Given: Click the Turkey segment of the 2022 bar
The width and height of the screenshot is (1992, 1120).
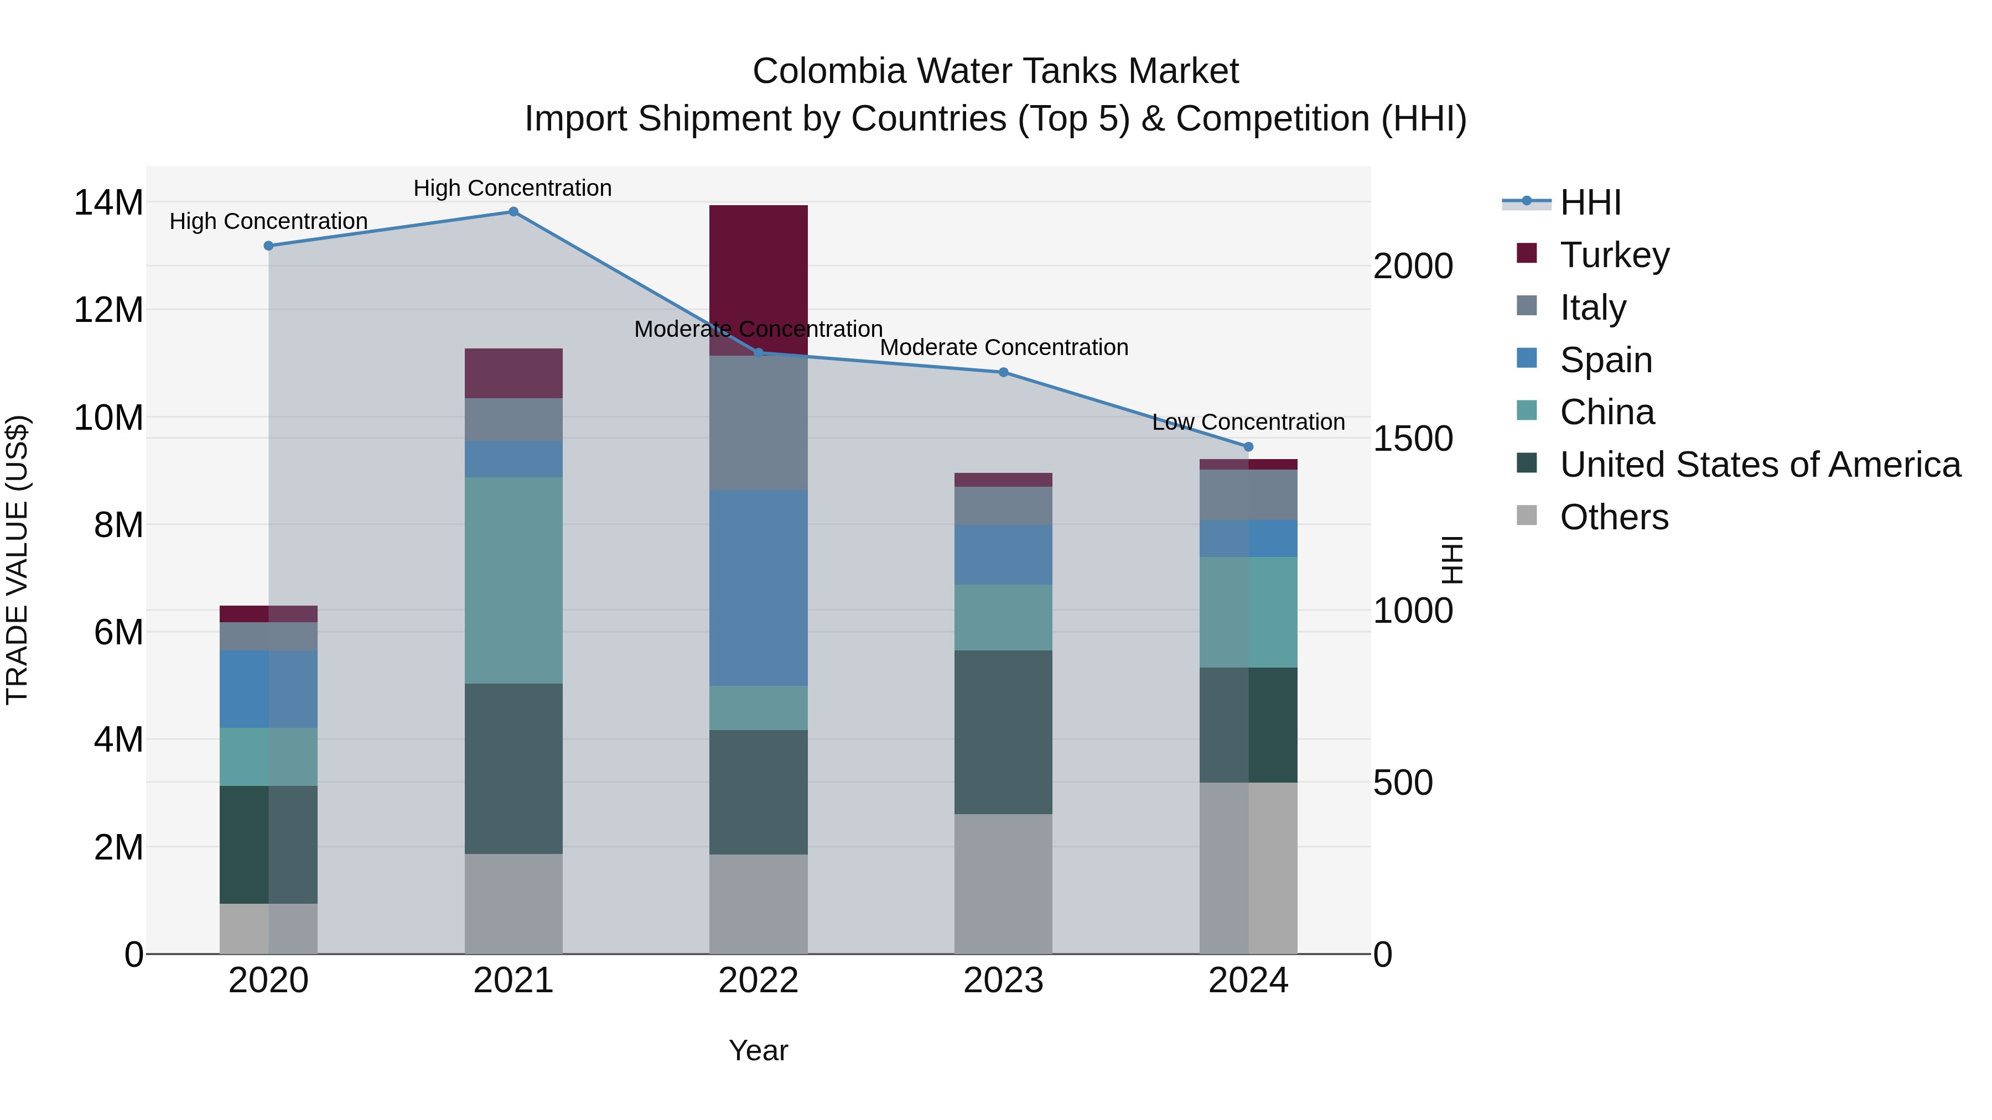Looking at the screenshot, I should point(758,263).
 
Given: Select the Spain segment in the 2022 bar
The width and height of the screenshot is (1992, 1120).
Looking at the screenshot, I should point(758,587).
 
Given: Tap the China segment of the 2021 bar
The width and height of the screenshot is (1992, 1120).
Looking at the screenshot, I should point(513,580).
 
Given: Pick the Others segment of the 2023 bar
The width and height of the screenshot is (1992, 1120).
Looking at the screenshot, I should point(1003,883).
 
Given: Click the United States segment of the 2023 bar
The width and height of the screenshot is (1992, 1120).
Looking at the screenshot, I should point(1003,731).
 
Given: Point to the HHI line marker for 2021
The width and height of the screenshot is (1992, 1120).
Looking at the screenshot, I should point(513,212).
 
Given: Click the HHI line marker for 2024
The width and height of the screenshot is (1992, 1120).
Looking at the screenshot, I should point(1248,447).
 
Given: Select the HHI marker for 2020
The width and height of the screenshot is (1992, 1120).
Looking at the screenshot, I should point(268,246).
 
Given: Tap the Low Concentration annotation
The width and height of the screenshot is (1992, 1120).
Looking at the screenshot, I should point(1248,422).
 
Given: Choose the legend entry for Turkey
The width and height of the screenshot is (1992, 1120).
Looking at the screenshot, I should point(1614,255).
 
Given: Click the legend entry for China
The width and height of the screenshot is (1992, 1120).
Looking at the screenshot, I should point(1606,412).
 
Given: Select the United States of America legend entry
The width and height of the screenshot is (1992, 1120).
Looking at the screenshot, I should point(1759,465).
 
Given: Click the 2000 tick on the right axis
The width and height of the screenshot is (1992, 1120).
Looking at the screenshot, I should point(1413,267).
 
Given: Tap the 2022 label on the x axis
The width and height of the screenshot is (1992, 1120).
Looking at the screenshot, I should point(758,981).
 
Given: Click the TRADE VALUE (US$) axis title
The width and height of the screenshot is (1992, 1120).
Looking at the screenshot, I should point(18,560).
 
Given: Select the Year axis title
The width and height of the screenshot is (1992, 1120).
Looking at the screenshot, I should point(758,1050).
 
